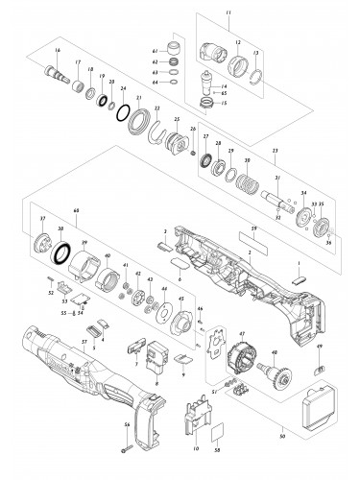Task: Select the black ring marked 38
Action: point(64,254)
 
